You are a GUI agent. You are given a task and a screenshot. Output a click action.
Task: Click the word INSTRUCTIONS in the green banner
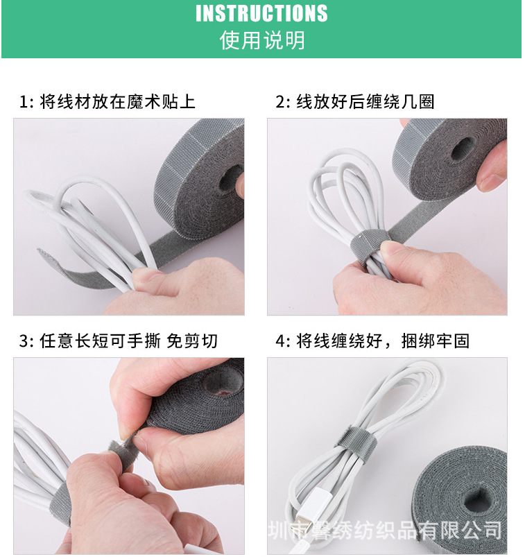point(261,13)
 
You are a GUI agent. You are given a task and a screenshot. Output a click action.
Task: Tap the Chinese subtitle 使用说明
point(261,40)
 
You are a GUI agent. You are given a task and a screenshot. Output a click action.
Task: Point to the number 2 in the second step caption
point(280,103)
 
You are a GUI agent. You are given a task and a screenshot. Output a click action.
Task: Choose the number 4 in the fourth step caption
point(280,341)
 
